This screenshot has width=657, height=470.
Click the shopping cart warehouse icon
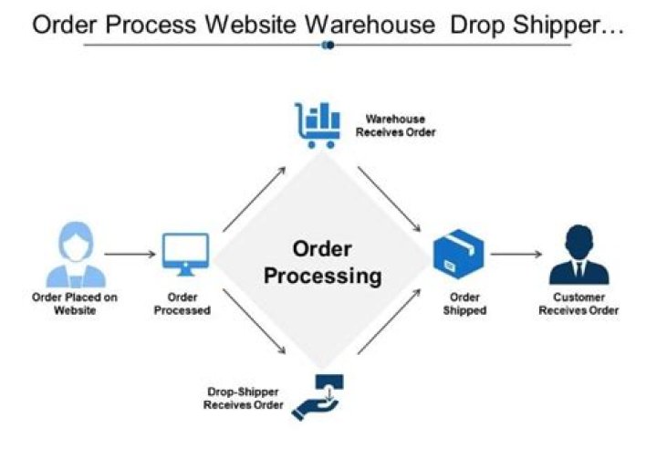tap(317, 125)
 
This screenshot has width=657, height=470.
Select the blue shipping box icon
tap(458, 255)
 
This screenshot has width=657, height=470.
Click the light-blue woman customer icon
tap(75, 256)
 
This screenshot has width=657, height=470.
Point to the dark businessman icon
tap(579, 256)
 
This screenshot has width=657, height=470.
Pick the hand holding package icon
tap(317, 396)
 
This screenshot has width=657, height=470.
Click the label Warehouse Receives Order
tap(395, 126)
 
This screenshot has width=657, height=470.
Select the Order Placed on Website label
tap(75, 303)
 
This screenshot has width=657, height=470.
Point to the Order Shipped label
tap(465, 303)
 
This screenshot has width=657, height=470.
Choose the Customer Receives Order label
tap(579, 303)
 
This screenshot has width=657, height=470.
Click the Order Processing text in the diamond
tap(323, 262)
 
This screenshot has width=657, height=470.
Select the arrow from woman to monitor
tap(129, 255)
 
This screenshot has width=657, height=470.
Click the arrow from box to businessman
tap(516, 255)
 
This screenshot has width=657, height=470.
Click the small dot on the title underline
tap(328, 45)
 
